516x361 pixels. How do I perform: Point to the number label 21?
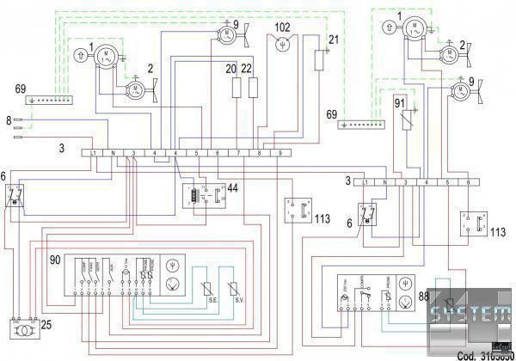[x=335, y=40]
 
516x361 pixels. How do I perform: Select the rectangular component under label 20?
[x=236, y=88]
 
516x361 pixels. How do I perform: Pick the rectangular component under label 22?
[x=254, y=88]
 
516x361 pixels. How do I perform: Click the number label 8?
[x=9, y=121]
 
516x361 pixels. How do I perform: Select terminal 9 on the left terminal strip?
[x=279, y=152]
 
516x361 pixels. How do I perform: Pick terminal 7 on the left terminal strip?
[x=237, y=152]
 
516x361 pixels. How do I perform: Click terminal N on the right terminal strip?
[x=385, y=184]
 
